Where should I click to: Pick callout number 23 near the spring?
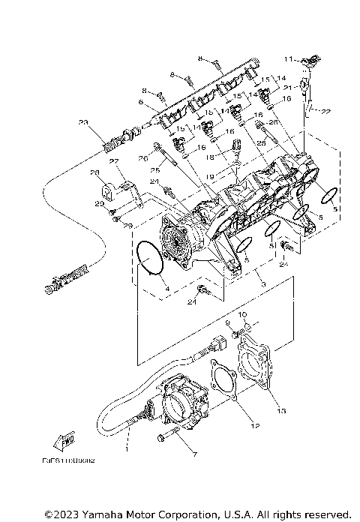coord(82,122)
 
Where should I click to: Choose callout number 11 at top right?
coord(286,57)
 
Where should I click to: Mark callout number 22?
coord(325,112)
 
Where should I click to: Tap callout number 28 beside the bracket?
coord(96,172)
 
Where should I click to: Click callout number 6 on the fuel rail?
coord(139,103)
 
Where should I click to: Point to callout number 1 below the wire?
coord(128,449)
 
